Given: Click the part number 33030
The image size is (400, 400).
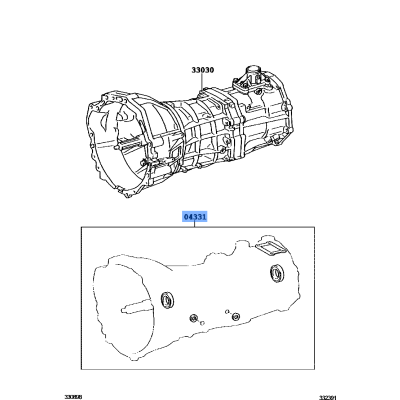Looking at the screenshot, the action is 202,70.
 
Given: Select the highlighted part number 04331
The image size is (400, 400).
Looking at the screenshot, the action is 195,217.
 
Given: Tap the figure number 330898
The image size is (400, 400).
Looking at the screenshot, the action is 73,397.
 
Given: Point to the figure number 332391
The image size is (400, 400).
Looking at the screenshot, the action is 328,397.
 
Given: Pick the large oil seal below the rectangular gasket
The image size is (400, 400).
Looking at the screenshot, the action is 276,273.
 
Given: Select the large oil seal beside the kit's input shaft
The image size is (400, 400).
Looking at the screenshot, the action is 167,299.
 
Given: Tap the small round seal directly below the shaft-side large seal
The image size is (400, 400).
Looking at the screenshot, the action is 194,318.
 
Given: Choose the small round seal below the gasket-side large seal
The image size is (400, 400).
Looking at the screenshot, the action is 235,316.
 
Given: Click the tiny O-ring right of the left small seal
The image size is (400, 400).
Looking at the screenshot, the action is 202,323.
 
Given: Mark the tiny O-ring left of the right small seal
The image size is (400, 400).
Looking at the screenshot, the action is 227,311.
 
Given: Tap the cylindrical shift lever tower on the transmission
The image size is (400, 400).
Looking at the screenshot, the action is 253,73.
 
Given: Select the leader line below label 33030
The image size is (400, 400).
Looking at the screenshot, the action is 202,81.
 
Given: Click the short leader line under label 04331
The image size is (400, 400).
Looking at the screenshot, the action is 194,224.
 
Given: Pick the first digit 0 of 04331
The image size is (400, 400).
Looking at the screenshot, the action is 186,217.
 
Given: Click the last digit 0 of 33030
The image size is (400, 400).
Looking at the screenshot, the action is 211,70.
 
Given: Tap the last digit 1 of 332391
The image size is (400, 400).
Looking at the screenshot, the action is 335,397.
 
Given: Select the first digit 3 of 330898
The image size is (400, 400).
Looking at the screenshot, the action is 66,397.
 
